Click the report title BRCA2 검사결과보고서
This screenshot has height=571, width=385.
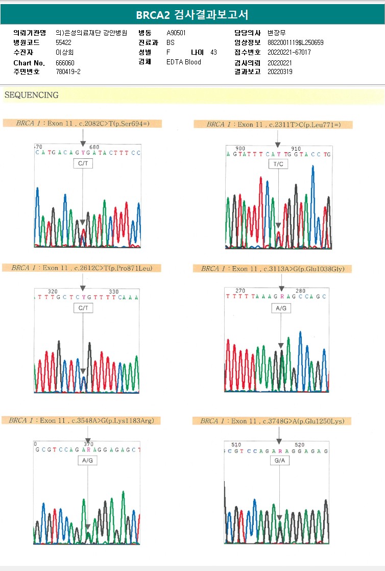(x=192, y=15)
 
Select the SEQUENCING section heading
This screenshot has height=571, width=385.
(x=32, y=95)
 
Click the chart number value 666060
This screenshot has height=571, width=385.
(x=65, y=62)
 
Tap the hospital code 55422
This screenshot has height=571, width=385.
(x=64, y=42)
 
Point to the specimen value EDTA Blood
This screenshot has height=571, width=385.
(x=184, y=62)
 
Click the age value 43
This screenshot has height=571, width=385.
(x=213, y=52)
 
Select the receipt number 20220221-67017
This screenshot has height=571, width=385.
(x=289, y=52)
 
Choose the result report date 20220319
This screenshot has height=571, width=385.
(x=280, y=72)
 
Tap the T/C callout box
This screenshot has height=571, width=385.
(x=278, y=164)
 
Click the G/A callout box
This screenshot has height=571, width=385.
(x=279, y=460)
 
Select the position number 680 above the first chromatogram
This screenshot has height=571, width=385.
(x=94, y=147)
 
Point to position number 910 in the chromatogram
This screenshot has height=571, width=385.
(x=296, y=149)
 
